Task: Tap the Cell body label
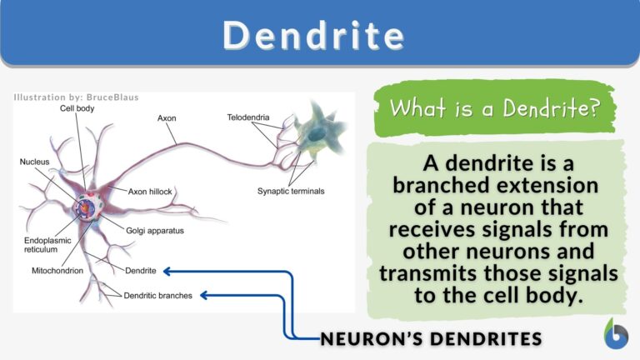(x=77, y=108)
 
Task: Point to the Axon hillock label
(x=150, y=191)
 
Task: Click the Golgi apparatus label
(x=155, y=229)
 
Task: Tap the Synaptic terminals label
(x=290, y=191)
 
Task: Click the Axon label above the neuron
(x=167, y=118)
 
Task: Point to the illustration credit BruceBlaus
(x=111, y=97)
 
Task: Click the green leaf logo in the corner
(x=616, y=332)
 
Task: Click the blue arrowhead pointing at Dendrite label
(x=168, y=271)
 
